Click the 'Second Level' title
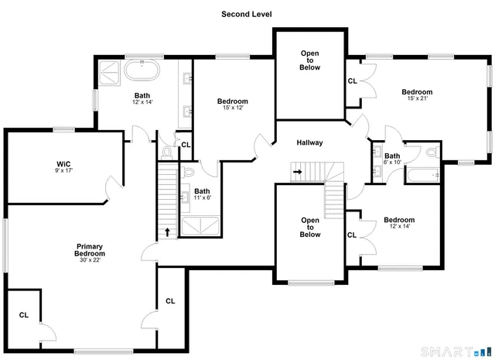[247, 14]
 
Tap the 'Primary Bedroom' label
[89, 250]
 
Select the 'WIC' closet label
[63, 163]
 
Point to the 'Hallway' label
[309, 142]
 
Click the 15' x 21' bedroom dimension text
[416, 98]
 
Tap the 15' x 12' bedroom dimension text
[232, 108]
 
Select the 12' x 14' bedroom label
[399, 220]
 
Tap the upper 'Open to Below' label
[309, 60]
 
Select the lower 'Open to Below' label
[309, 228]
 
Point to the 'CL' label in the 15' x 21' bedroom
[352, 81]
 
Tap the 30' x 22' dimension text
[89, 260]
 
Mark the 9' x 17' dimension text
[63, 172]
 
